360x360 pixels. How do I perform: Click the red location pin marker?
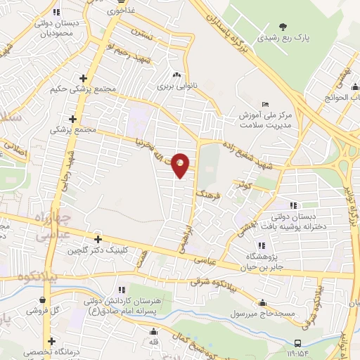[181, 165]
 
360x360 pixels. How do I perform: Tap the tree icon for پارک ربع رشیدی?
[283, 27]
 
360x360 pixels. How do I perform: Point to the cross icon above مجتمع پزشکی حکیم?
[83, 78]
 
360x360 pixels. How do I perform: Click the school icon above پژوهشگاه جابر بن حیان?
[262, 245]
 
